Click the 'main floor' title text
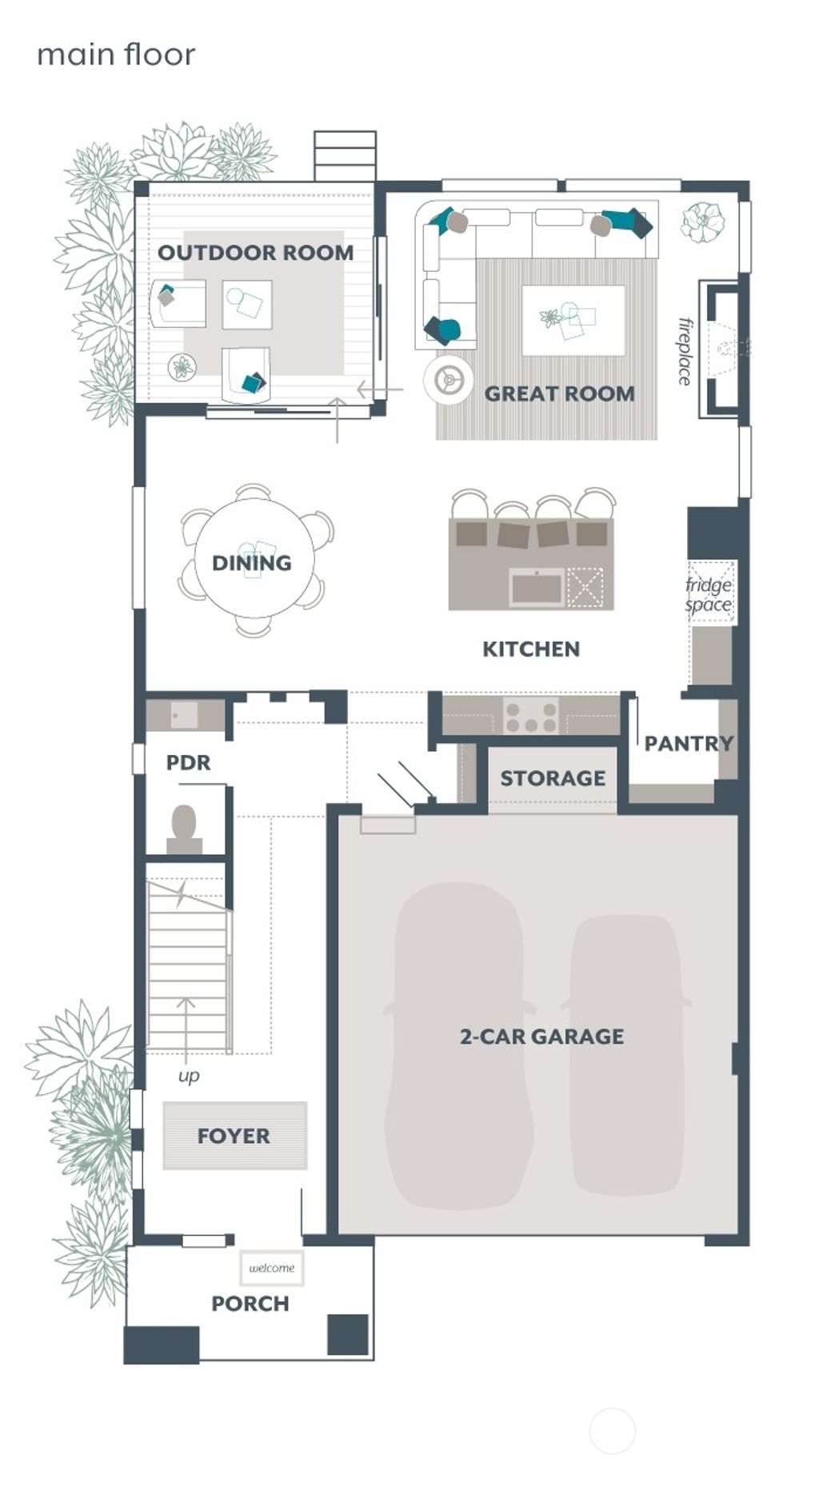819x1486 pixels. coord(116,55)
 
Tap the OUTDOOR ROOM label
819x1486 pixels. coord(255,253)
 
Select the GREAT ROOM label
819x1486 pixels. coord(559,393)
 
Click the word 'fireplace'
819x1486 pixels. coord(685,351)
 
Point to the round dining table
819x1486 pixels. coord(254,560)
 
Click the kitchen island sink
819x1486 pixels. coord(537,588)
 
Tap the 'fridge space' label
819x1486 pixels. coord(709,595)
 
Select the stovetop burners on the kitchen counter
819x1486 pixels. coord(531,716)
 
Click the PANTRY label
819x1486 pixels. coord(689,744)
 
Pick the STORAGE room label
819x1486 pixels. coord(553,778)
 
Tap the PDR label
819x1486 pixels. coord(189,763)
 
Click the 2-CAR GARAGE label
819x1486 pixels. coord(541,1037)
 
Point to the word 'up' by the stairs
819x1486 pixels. coord(189,1076)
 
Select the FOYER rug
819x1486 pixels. coord(234,1136)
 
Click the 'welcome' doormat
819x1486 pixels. coord(272,1268)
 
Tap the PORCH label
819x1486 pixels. coord(250,1304)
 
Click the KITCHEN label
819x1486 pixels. coord(531,649)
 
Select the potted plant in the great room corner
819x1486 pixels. coord(702,222)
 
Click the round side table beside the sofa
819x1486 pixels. coord(448,379)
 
